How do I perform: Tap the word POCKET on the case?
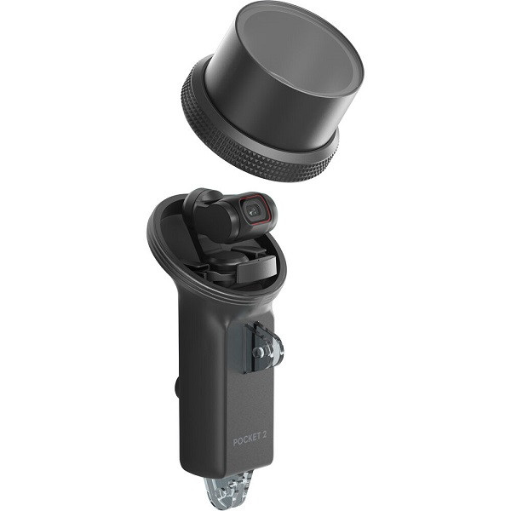point(247,439)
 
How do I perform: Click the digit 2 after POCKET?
point(264,435)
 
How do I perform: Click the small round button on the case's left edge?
point(177,387)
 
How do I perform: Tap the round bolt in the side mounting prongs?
point(258,351)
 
